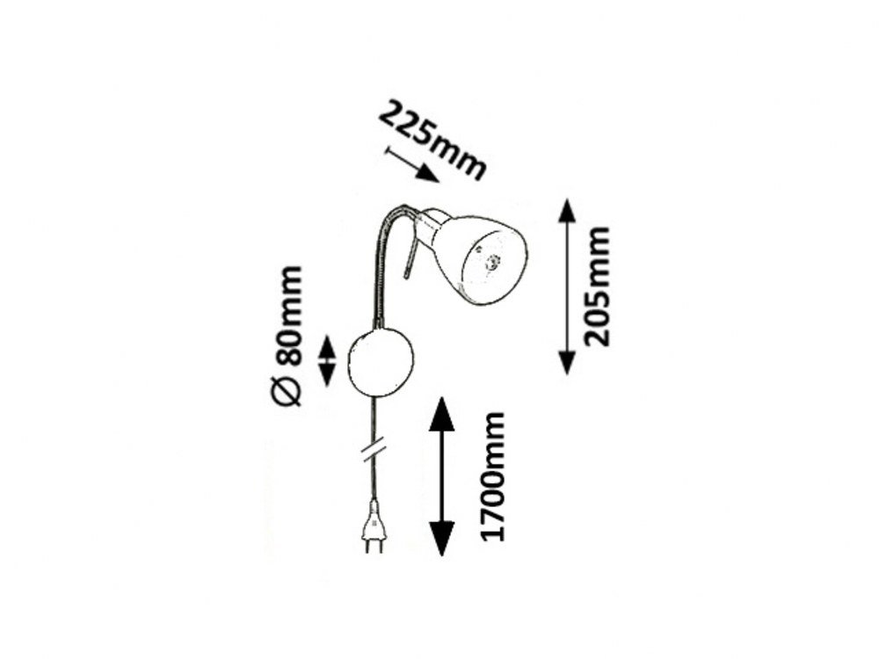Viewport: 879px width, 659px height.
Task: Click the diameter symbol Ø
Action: click(287, 389)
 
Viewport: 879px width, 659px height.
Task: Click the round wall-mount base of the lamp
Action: click(380, 361)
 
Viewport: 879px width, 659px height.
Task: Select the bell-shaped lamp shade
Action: click(479, 255)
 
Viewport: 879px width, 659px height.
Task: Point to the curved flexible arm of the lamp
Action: click(383, 255)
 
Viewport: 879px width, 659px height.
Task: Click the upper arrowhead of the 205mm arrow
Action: click(567, 211)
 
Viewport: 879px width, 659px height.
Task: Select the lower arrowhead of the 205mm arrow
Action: click(567, 362)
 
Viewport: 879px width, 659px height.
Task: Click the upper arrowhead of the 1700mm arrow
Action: click(442, 413)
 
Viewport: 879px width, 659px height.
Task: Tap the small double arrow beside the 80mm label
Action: click(327, 360)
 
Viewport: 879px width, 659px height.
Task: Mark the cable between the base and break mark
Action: click(376, 417)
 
